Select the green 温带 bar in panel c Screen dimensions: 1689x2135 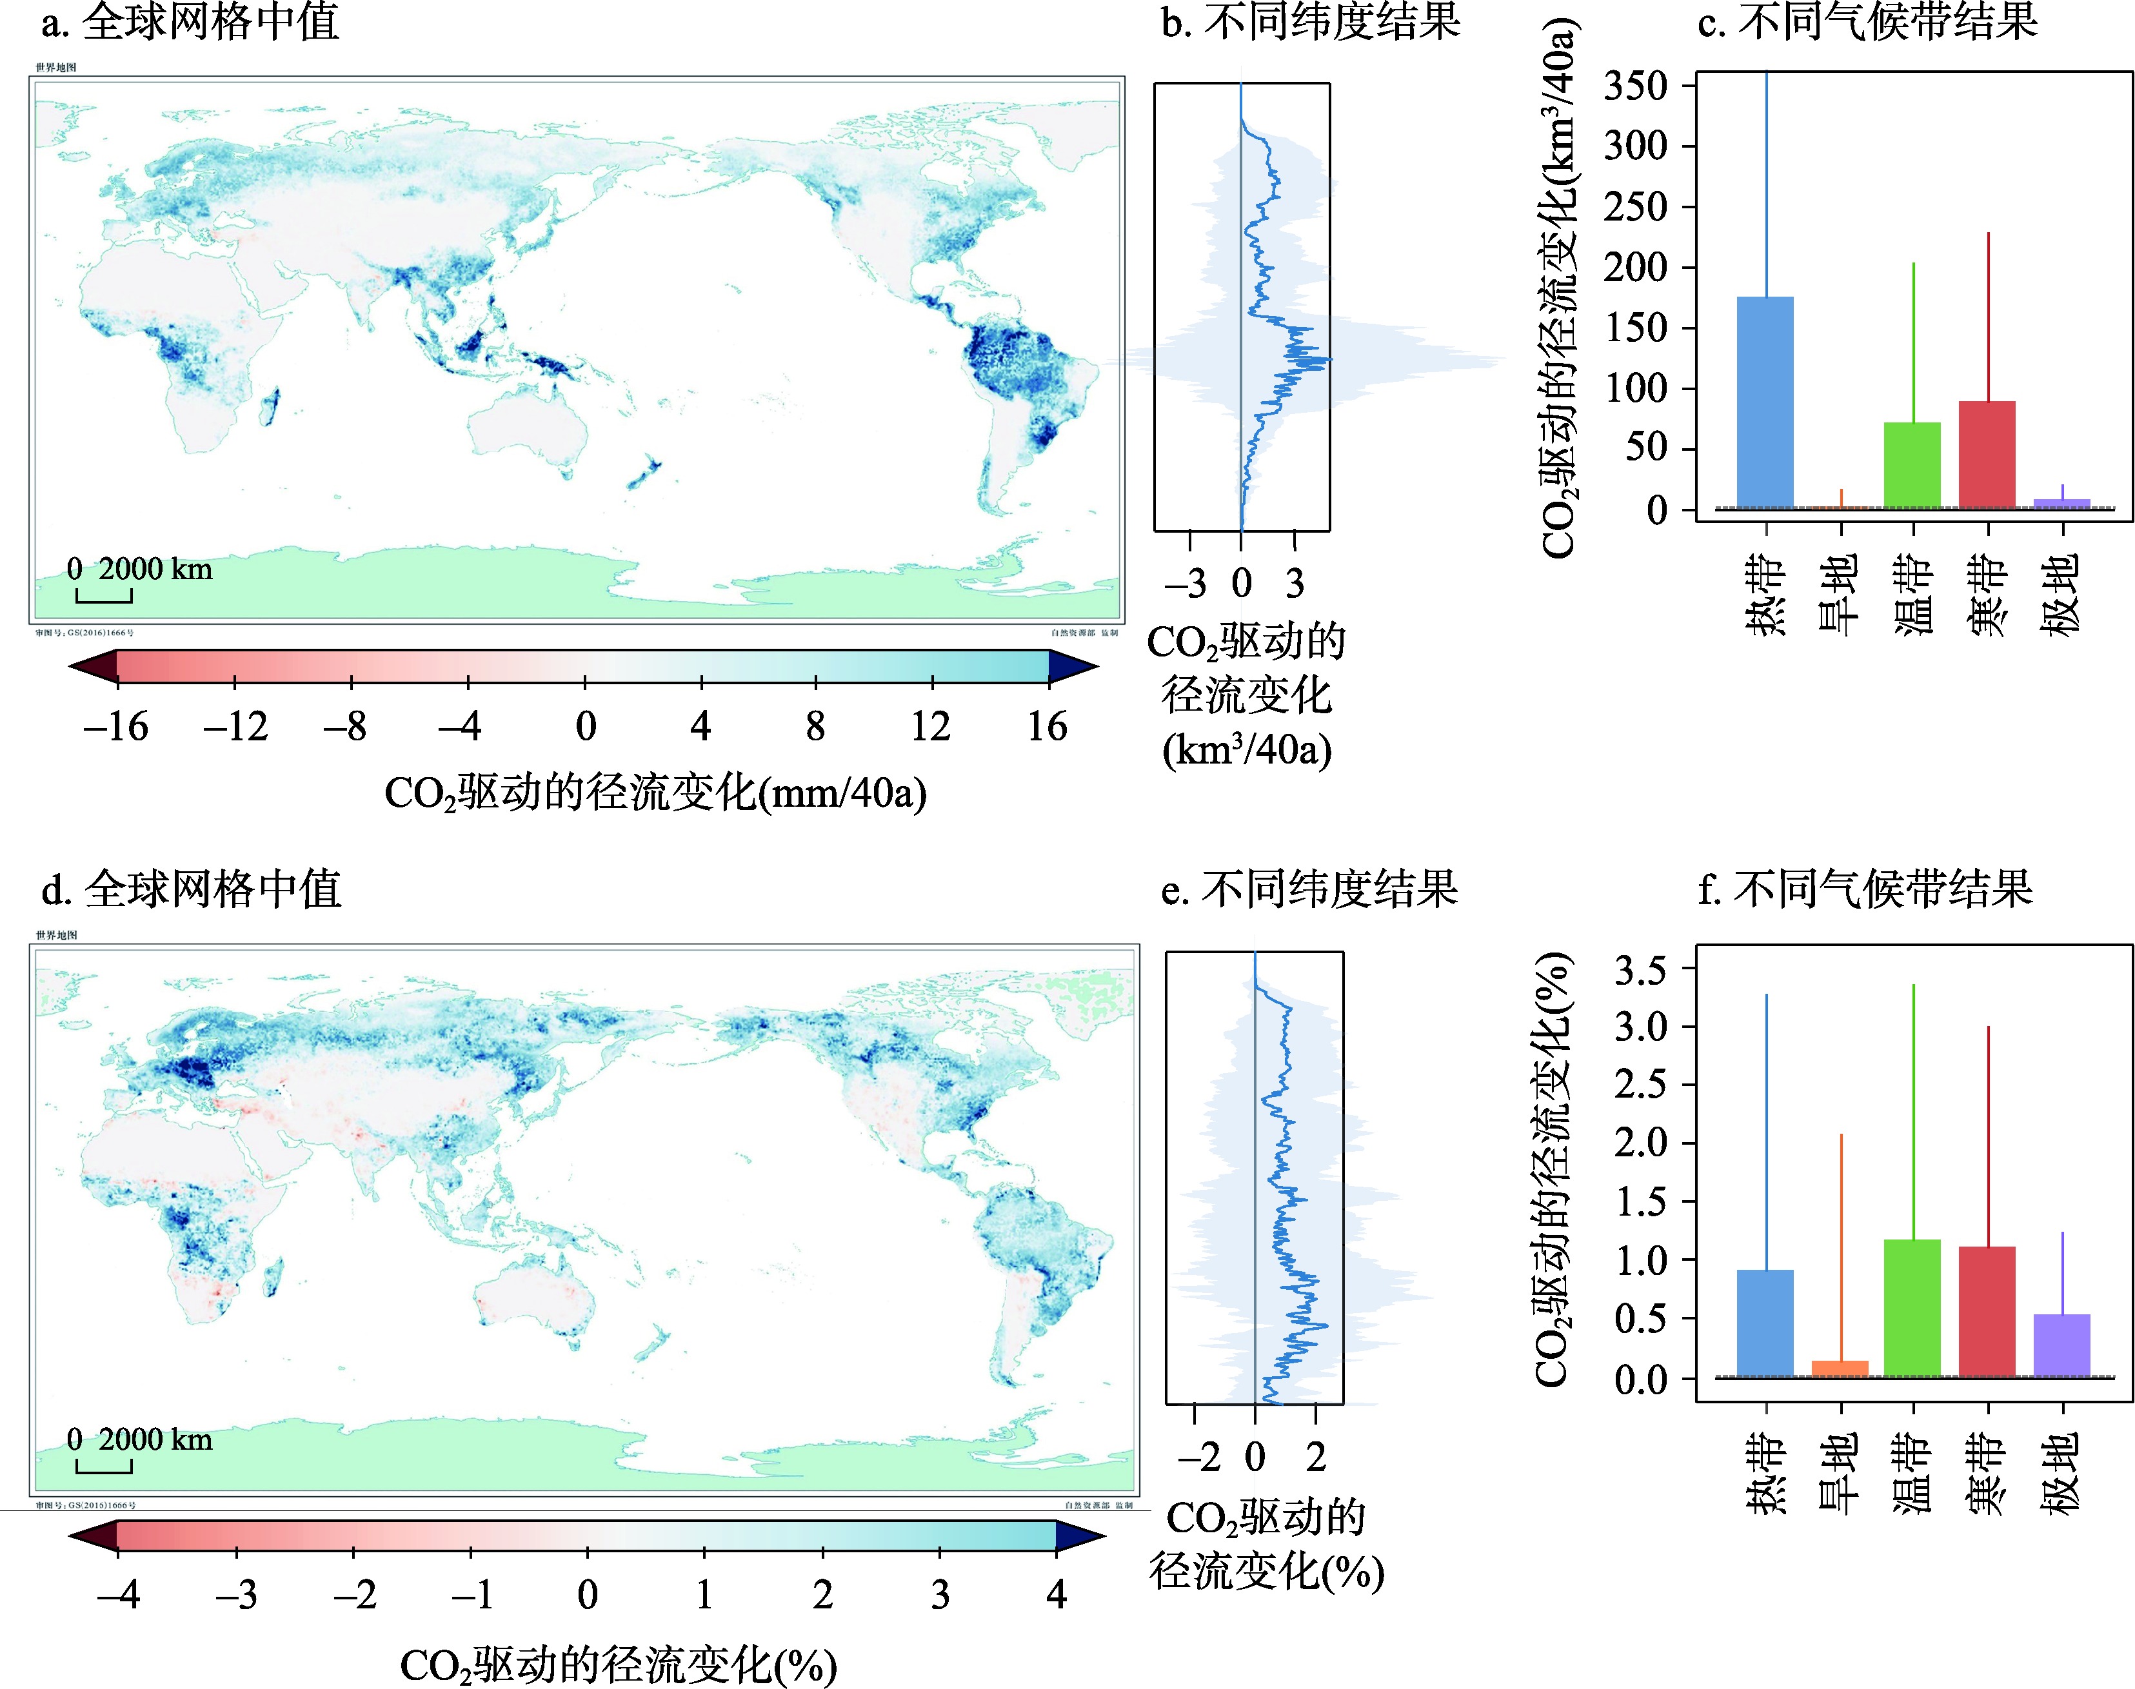pos(1912,466)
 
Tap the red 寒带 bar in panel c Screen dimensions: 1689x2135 pos(1987,455)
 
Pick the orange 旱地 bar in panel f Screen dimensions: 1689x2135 pos(1840,1368)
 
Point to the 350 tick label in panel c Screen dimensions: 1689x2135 pos(1634,86)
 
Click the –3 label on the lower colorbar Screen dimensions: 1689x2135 pos(235,1594)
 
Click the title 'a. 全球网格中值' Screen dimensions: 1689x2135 pos(191,22)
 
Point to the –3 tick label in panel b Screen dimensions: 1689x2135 pos(1186,584)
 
